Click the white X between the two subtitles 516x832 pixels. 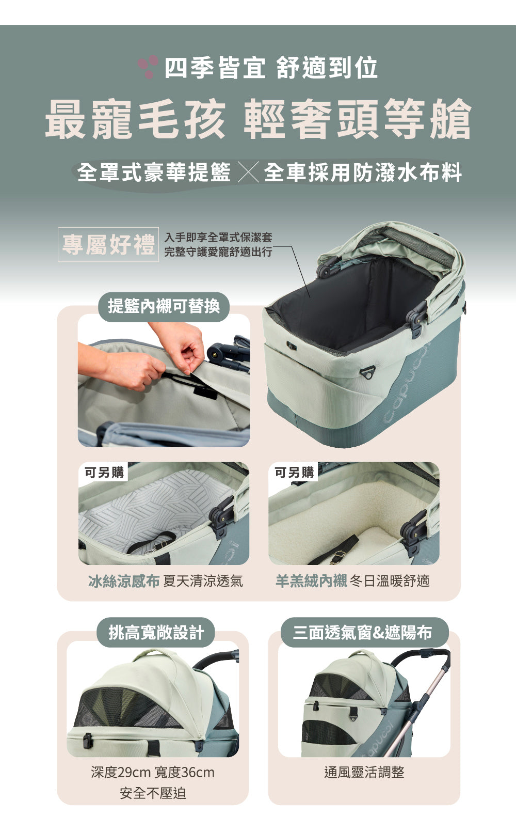click(248, 173)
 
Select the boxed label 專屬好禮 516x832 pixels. click(108, 244)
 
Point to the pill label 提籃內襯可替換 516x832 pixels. click(164, 306)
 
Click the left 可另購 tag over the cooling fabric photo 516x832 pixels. click(104, 472)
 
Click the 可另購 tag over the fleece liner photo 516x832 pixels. click(294, 472)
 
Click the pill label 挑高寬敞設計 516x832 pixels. click(156, 633)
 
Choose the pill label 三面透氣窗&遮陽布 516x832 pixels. click(362, 633)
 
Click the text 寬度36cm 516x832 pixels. click(185, 773)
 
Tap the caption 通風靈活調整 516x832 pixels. click(364, 773)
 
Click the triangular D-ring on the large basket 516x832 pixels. click(367, 373)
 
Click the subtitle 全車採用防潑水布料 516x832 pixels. click(363, 172)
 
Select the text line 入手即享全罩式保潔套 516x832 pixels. click(218, 238)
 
